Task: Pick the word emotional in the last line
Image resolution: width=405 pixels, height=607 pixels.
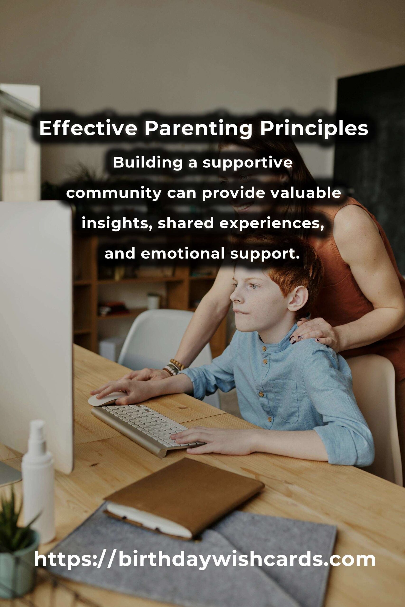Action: coord(182,253)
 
